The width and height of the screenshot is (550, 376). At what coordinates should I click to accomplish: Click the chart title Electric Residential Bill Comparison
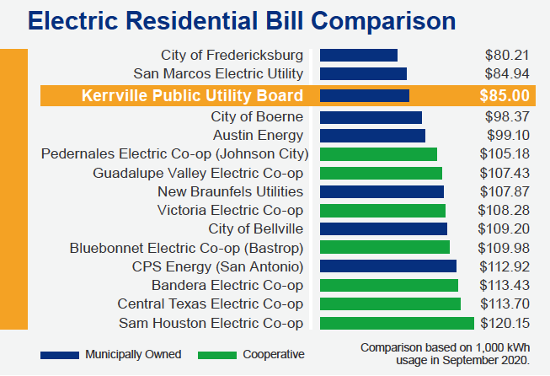[242, 21]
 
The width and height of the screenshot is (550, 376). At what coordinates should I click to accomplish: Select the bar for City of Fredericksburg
[359, 56]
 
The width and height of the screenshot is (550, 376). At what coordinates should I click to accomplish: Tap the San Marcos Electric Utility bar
[363, 74]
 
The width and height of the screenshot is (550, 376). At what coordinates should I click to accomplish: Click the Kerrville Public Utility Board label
[192, 95]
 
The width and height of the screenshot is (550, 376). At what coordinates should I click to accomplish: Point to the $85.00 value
[505, 95]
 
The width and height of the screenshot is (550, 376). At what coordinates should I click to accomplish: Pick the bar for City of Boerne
[371, 118]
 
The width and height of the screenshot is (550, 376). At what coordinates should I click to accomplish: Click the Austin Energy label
[258, 136]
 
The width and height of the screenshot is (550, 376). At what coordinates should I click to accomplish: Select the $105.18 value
[505, 154]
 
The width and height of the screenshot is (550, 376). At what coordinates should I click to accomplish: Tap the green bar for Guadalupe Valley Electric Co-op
[381, 174]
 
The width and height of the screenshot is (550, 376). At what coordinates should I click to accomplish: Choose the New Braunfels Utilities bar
[382, 192]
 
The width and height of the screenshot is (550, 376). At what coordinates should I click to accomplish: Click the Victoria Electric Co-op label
[230, 210]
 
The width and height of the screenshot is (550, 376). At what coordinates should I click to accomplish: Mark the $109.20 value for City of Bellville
[504, 229]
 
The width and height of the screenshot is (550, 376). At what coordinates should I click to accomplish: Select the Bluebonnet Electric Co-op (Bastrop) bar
[385, 247]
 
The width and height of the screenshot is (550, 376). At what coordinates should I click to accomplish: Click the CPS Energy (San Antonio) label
[217, 266]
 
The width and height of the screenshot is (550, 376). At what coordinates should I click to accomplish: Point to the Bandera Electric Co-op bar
[389, 286]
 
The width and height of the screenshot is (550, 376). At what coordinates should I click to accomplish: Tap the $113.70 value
[505, 304]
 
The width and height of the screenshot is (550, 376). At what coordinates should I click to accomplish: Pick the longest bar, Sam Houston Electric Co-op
[397, 324]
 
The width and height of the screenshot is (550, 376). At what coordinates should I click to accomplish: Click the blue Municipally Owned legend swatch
[60, 355]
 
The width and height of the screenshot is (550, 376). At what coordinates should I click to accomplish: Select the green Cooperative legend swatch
[217, 355]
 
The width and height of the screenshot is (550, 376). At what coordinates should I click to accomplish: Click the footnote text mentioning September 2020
[445, 354]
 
